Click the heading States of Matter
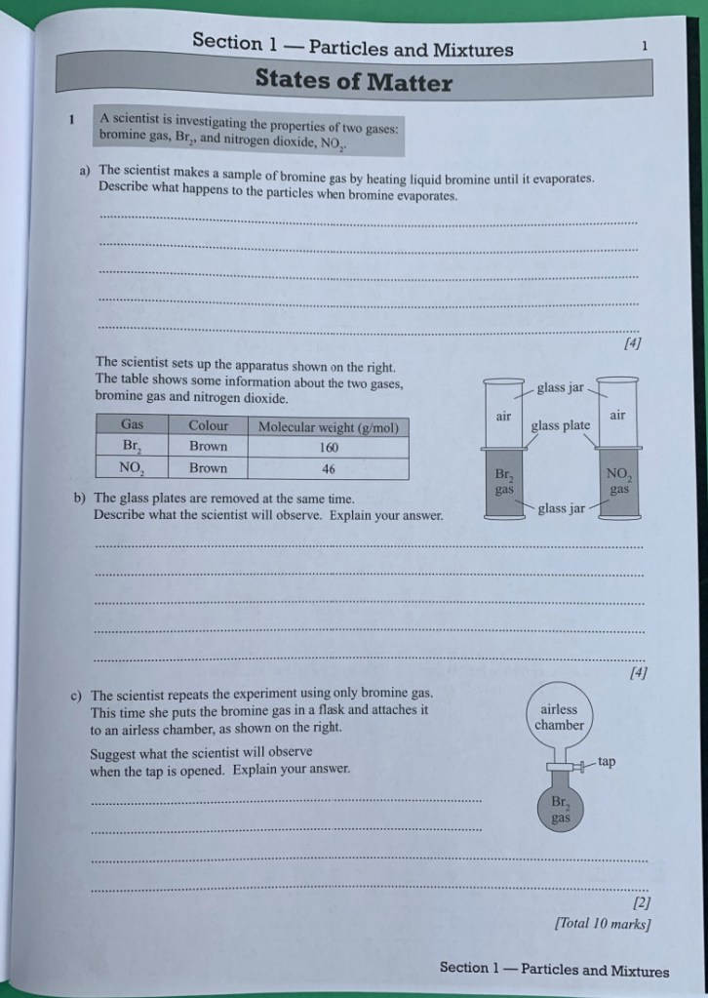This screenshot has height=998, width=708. click(353, 81)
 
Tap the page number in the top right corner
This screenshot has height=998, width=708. click(645, 45)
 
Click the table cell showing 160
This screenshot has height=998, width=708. click(328, 447)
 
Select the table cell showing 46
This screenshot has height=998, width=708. click(328, 468)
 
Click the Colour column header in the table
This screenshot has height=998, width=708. click(208, 425)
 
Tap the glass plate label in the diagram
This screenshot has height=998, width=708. click(560, 425)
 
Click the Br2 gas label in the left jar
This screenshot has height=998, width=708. click(503, 480)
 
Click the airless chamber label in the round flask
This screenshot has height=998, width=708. click(560, 717)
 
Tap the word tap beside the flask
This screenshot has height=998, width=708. click(606, 761)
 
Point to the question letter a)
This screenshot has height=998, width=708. click(85, 169)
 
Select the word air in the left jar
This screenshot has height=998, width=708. click(503, 416)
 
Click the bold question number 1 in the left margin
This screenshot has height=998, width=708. click(70, 121)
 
